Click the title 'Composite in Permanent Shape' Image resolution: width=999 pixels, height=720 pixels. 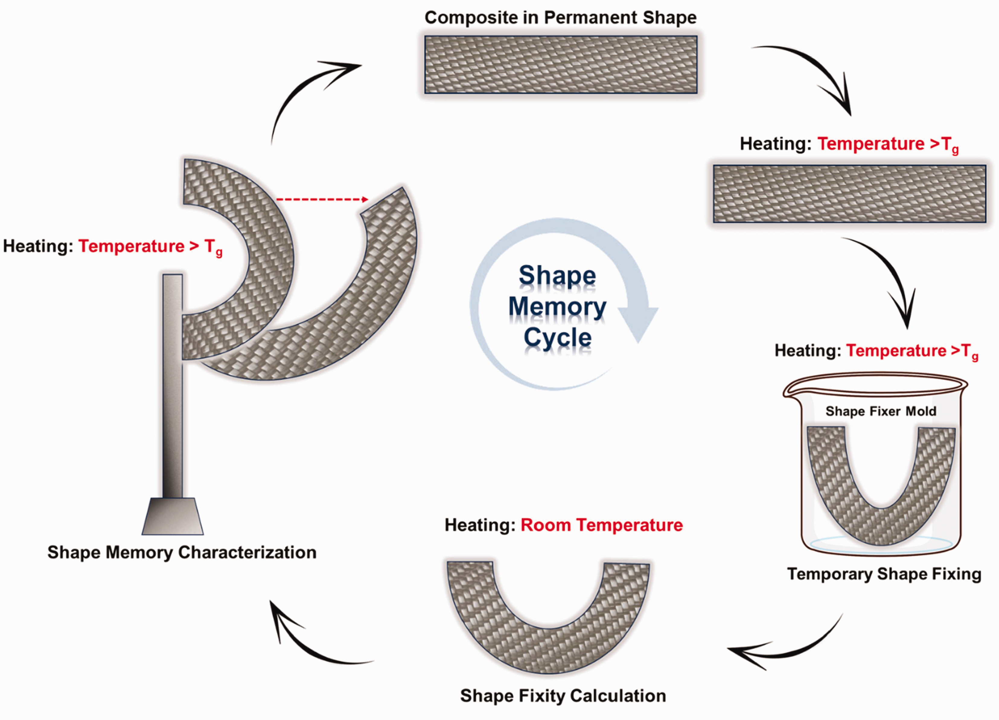pyautogui.click(x=560, y=18)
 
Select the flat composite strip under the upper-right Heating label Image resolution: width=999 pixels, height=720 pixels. pyautogui.click(x=849, y=194)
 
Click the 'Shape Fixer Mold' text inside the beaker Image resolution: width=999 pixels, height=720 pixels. pyautogui.click(x=880, y=411)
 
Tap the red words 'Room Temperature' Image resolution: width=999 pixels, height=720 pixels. pyautogui.click(x=602, y=525)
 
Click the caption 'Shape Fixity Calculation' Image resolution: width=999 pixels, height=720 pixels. pyautogui.click(x=563, y=695)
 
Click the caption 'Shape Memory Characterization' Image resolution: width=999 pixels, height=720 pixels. pyautogui.click(x=182, y=552)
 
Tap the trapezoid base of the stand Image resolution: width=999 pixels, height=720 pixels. pyautogui.click(x=173, y=516)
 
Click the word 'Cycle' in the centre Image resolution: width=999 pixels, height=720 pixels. pyautogui.click(x=557, y=338)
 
